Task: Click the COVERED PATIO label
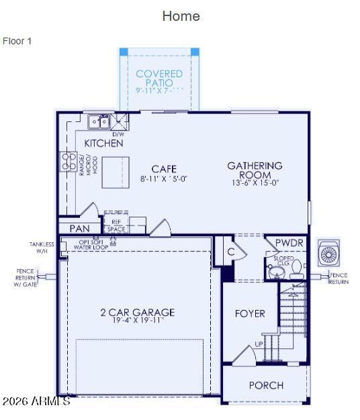click(159, 78)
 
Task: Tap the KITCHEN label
click(103, 143)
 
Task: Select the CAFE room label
click(164, 169)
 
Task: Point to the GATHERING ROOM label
click(255, 170)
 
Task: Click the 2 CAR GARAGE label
click(137, 312)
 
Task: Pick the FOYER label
click(249, 313)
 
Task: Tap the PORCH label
click(266, 385)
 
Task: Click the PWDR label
click(289, 242)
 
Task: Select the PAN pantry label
click(79, 229)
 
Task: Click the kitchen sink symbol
click(99, 121)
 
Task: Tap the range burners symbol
click(69, 162)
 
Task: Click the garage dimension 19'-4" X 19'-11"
click(137, 321)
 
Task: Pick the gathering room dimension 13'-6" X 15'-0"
click(255, 182)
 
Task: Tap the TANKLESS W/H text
click(42, 248)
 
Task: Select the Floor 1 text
click(17, 41)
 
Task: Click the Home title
click(181, 16)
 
